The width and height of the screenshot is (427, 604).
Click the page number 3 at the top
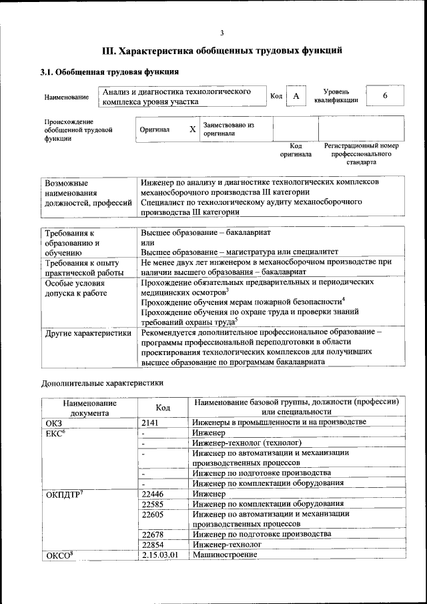[x=222, y=33]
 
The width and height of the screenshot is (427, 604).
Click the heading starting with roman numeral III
[x=222, y=51]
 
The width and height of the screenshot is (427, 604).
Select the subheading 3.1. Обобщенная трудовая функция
[x=109, y=71]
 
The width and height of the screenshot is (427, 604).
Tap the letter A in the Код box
[x=296, y=97]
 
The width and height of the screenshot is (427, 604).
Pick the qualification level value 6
[x=385, y=96]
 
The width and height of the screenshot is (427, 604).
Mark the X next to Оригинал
[x=192, y=129]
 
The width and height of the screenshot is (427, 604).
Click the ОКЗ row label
[x=53, y=422]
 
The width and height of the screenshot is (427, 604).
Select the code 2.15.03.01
[x=160, y=555]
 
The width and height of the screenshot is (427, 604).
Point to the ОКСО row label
[x=58, y=555]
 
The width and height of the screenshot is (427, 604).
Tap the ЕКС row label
[x=55, y=433]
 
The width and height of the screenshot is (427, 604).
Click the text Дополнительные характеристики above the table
[x=102, y=383]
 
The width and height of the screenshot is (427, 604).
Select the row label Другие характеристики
[x=87, y=332]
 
